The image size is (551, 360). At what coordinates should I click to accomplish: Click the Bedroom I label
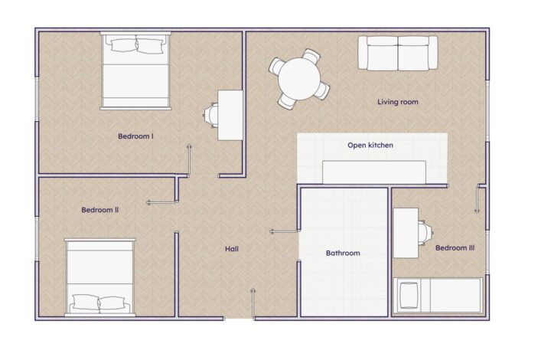tap(135, 136)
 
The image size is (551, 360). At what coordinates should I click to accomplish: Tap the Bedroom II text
tap(99, 210)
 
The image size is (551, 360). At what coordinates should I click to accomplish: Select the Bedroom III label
tap(455, 248)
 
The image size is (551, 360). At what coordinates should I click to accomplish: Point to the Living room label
tap(398, 102)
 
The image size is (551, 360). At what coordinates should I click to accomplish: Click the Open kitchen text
tap(370, 146)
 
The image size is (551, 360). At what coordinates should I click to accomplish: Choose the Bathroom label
tap(343, 253)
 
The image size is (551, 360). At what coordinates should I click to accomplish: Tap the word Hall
tap(232, 249)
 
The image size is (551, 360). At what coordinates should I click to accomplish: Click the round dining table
tap(299, 79)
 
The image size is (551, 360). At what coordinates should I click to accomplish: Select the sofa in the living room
tap(398, 53)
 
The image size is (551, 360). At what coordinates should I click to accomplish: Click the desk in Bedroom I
tap(230, 116)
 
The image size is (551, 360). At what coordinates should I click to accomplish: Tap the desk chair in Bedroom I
tap(210, 115)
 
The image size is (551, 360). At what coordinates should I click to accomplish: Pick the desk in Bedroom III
tap(406, 233)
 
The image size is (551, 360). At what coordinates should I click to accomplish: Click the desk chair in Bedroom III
tap(425, 233)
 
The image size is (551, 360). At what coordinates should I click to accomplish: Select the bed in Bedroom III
tap(438, 296)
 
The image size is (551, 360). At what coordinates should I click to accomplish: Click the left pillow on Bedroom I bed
tap(123, 45)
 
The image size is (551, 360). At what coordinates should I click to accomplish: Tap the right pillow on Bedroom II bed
tap(112, 303)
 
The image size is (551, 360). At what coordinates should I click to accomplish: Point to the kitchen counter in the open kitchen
tap(374, 172)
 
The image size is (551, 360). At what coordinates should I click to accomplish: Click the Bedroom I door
tap(189, 160)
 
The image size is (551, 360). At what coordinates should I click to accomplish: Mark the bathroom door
tap(285, 231)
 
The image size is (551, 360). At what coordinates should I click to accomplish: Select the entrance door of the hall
tap(253, 304)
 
